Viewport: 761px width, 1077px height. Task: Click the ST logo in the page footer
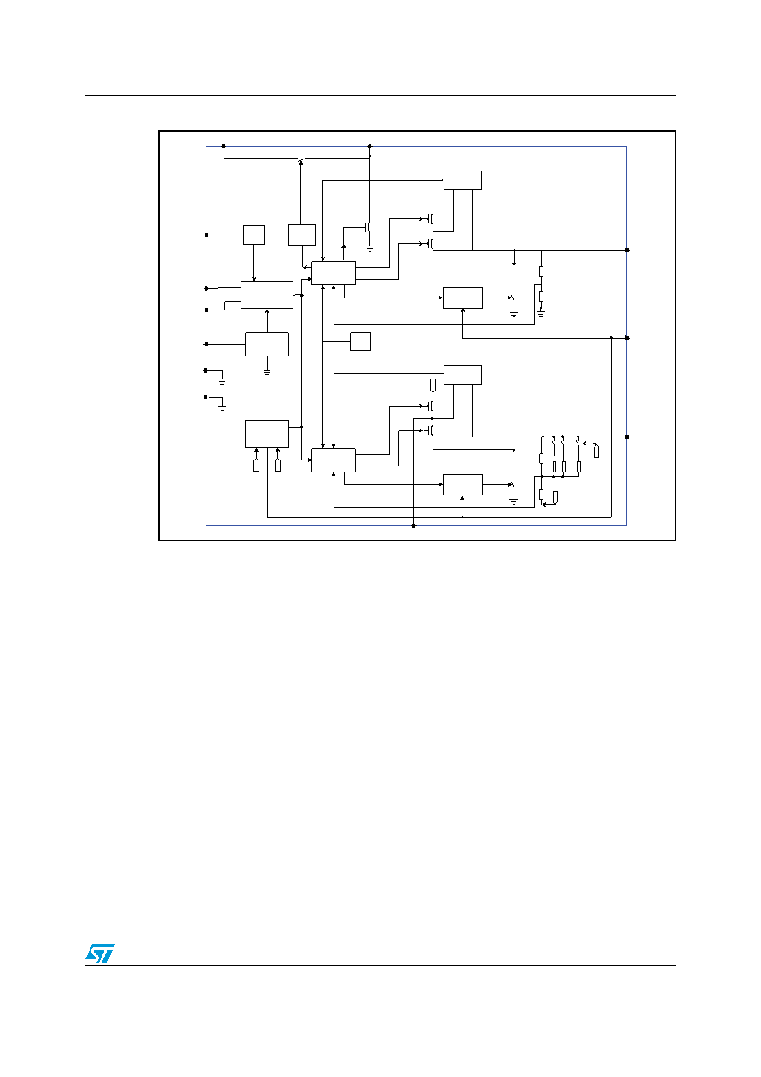pyautogui.click(x=100, y=953)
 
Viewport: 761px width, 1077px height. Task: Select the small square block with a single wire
pyautogui.click(x=360, y=341)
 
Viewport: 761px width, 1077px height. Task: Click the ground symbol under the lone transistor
pyautogui.click(x=369, y=249)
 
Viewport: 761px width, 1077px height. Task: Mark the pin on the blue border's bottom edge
pyautogui.click(x=414, y=525)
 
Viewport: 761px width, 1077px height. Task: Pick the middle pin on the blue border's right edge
pyautogui.click(x=627, y=338)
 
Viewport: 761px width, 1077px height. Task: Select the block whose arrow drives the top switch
pyautogui.click(x=302, y=235)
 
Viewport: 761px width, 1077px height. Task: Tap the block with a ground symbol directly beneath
pyautogui.click(x=267, y=344)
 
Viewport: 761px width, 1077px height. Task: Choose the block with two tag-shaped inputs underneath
pyautogui.click(x=267, y=434)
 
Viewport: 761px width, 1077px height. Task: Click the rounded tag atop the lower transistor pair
pyautogui.click(x=433, y=385)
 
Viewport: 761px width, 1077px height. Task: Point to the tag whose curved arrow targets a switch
pyautogui.click(x=596, y=451)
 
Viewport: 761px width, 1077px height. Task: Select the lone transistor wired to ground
pyautogui.click(x=368, y=226)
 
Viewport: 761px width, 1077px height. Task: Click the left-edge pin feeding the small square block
pyautogui.click(x=206, y=235)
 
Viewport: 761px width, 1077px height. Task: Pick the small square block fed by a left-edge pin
pyautogui.click(x=254, y=235)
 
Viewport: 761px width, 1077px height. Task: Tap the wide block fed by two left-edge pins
pyautogui.click(x=267, y=295)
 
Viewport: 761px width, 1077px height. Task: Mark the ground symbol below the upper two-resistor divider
pyautogui.click(x=541, y=314)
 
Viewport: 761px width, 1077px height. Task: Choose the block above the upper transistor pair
pyautogui.click(x=462, y=180)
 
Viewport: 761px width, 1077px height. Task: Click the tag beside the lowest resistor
pyautogui.click(x=555, y=498)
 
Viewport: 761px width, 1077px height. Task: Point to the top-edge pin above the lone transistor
pyautogui.click(x=369, y=146)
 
